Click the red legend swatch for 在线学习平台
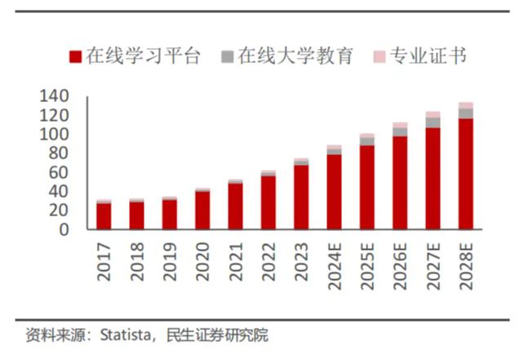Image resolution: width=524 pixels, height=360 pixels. tap(75, 57)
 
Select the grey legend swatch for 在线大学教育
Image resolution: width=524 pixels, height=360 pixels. tap(228, 57)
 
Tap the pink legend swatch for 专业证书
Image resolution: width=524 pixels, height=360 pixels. tap(380, 57)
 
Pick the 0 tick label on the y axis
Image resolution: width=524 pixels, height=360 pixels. tap(62, 230)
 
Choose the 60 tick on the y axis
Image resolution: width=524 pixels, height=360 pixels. tap(57, 173)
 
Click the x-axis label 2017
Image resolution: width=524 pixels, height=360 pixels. tap(104, 263)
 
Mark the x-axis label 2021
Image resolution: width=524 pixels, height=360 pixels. tap(235, 263)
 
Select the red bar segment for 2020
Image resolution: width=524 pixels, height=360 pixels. tap(202, 211)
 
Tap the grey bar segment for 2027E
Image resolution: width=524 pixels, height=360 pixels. tap(433, 122)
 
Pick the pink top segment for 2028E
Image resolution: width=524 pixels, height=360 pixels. tap(466, 105)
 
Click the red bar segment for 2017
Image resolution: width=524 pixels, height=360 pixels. tap(104, 216)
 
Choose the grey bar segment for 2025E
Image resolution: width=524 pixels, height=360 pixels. tap(367, 141)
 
